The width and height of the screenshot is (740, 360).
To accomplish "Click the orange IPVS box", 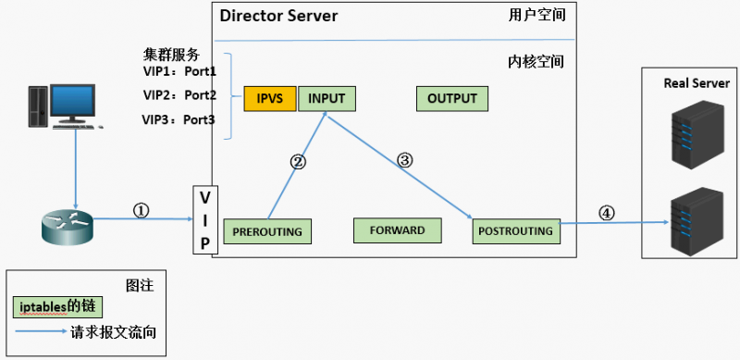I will point(270,99).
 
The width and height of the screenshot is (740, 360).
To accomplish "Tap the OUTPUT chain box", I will point(451,99).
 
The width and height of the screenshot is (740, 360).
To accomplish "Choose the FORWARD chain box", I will point(397,230).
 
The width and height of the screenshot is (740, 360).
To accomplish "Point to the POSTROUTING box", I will point(515,230).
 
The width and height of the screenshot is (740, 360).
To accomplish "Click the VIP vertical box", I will point(205,220).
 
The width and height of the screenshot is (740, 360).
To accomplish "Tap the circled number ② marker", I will point(298,162).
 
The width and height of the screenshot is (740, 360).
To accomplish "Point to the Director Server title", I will point(278,17).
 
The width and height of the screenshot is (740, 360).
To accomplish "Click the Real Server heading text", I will point(697,83).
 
